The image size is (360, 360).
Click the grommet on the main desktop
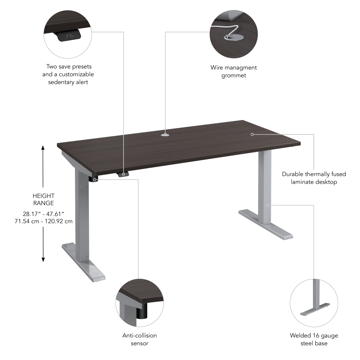(x=166, y=135)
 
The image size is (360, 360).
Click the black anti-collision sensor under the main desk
(x=95, y=179)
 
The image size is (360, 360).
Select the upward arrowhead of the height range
(x=43, y=148)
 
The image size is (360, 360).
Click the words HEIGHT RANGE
(x=43, y=199)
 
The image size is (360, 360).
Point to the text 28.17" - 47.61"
(x=43, y=214)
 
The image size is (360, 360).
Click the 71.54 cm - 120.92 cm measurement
(x=43, y=221)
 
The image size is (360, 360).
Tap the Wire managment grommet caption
(x=234, y=71)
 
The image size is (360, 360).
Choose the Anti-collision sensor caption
(x=140, y=339)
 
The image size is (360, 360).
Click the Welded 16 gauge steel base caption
(x=314, y=339)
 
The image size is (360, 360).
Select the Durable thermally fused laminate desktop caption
(x=314, y=178)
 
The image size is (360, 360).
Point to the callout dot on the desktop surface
(x=252, y=134)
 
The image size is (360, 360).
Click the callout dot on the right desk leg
(x=267, y=205)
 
